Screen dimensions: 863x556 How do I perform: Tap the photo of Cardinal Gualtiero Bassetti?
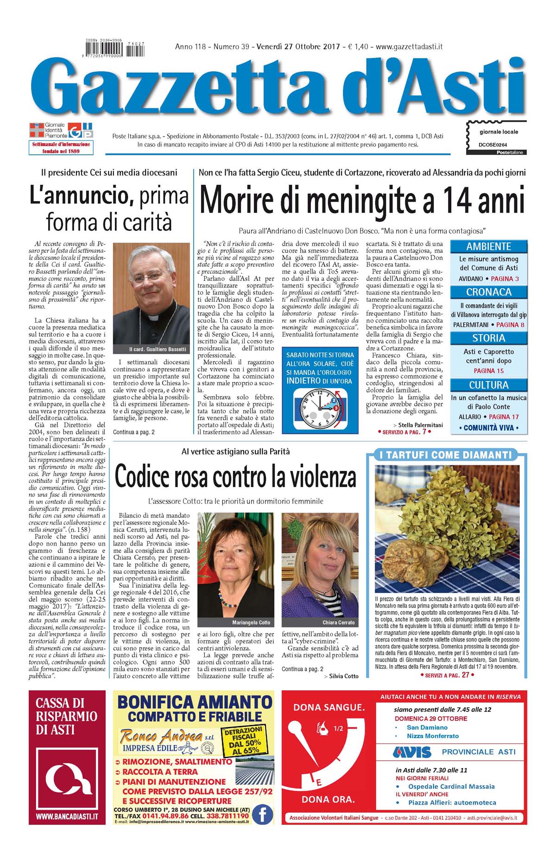pos(152,297)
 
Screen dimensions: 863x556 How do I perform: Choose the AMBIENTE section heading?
pos(488,247)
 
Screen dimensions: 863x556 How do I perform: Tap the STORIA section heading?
pos(488,338)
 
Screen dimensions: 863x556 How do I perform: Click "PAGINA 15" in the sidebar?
pos(488,371)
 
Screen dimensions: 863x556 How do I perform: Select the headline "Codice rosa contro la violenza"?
pos(235,477)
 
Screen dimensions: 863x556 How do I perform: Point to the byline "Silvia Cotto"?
pos(343,676)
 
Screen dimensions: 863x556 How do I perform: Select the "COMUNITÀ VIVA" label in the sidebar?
pos(488,428)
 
